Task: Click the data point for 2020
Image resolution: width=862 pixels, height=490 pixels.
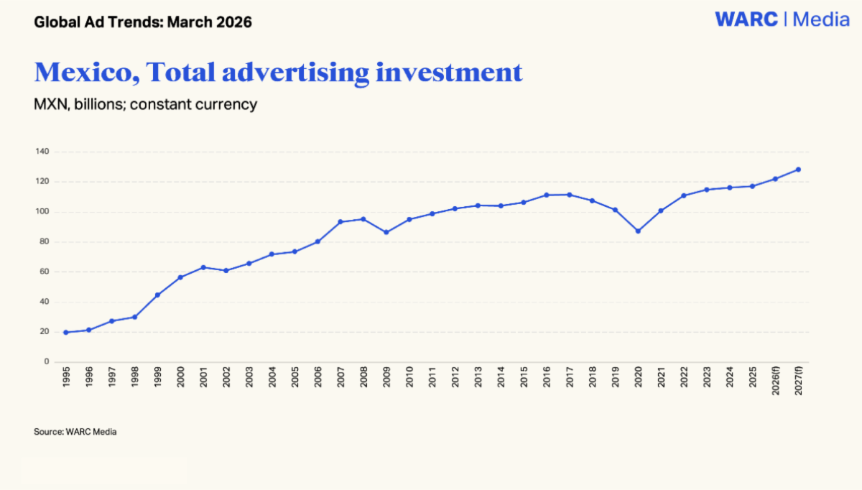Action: (x=638, y=231)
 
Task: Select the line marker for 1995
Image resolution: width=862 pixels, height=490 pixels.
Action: (x=66, y=332)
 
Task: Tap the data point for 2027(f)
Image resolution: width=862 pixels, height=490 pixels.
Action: (x=798, y=170)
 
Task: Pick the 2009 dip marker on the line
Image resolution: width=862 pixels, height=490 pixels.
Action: (x=386, y=233)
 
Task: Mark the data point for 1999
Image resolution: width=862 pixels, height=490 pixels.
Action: (x=157, y=295)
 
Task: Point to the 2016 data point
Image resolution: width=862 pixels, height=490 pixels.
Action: (x=547, y=195)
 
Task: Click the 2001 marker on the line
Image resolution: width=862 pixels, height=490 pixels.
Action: (x=203, y=267)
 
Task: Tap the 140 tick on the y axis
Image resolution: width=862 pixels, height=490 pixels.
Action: (x=42, y=152)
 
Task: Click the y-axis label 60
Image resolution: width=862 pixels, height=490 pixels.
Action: (x=45, y=272)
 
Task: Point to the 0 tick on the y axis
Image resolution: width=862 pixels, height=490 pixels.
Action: (x=47, y=361)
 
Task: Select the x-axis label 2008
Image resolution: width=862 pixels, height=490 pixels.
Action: (x=363, y=376)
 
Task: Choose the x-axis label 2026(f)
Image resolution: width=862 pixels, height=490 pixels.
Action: (x=775, y=381)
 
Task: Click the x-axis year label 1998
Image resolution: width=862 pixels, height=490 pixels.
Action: (x=135, y=376)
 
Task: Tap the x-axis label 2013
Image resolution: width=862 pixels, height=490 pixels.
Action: (x=478, y=376)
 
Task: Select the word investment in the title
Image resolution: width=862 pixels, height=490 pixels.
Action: (x=449, y=73)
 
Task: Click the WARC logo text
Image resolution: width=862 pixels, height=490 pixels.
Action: (x=746, y=19)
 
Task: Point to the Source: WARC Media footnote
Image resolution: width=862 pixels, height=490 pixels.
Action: (x=75, y=432)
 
